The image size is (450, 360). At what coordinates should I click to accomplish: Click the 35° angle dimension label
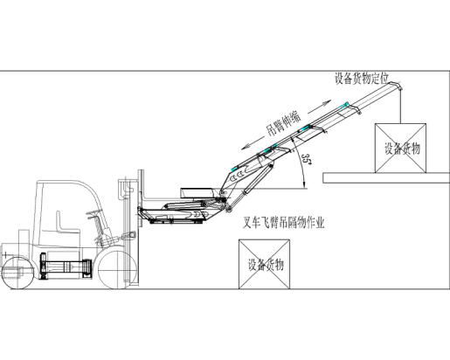pyautogui.click(x=306, y=160)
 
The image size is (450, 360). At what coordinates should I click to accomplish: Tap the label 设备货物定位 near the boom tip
pyautogui.click(x=362, y=79)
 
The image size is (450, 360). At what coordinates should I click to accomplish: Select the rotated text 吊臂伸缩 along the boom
pyautogui.click(x=283, y=124)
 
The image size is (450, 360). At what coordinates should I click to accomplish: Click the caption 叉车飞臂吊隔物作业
pyautogui.click(x=283, y=223)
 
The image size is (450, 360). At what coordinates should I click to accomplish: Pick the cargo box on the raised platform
pyautogui.click(x=400, y=149)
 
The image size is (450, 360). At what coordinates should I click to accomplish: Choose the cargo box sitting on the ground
pyautogui.click(x=264, y=264)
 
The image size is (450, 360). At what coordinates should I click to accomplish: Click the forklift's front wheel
pyautogui.click(x=117, y=270)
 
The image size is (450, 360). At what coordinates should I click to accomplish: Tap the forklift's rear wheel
pyautogui.click(x=17, y=273)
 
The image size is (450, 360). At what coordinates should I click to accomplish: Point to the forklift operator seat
pyautogui.click(x=66, y=224)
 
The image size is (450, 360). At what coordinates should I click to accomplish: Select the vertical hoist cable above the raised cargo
pyautogui.click(x=400, y=107)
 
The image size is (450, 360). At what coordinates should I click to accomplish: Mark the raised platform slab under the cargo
pyautogui.click(x=386, y=178)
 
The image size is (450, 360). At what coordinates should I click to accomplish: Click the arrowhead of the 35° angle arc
pyautogui.click(x=304, y=184)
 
